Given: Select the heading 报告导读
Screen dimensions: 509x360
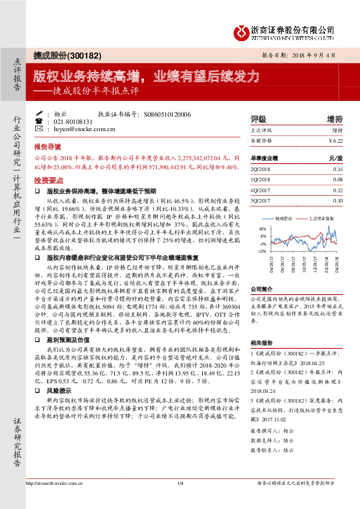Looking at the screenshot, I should [47, 147].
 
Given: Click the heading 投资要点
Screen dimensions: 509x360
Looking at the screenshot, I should [47, 180].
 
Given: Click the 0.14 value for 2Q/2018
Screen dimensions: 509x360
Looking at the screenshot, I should [338, 170].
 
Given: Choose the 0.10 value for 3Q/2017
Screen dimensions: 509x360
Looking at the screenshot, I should [338, 200].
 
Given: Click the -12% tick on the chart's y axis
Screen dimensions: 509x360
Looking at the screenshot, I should [262, 250].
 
